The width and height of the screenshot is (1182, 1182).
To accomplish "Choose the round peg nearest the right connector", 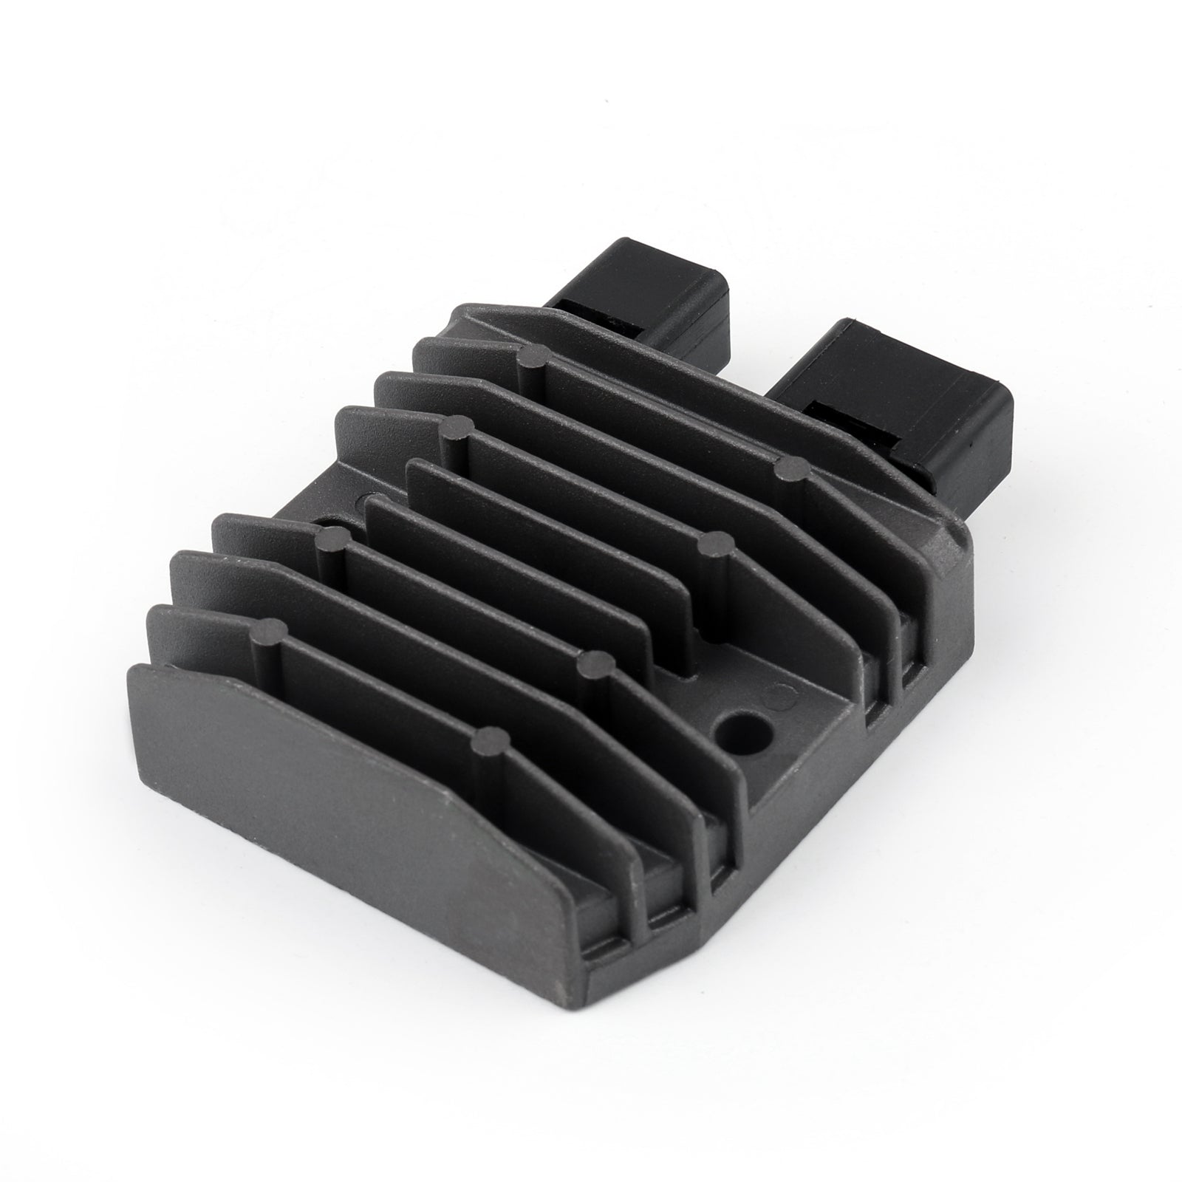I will click(791, 467).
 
